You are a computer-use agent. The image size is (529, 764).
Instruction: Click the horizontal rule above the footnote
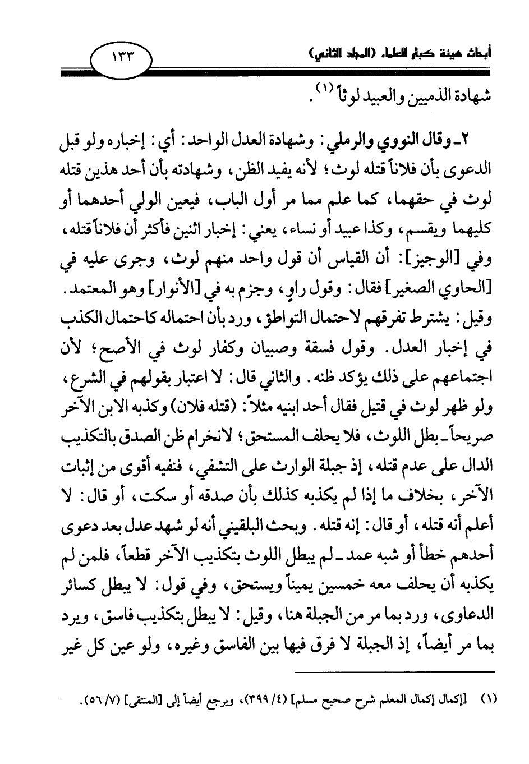[395, 673]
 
